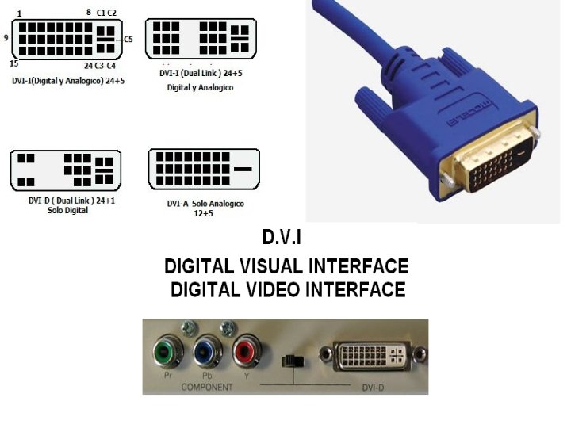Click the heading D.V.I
pos(282,237)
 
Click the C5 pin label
pos(128,38)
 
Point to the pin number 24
pos(88,65)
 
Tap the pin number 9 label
pos(6,37)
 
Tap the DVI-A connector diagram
pos(204,169)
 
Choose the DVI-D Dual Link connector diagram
pos(66,170)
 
